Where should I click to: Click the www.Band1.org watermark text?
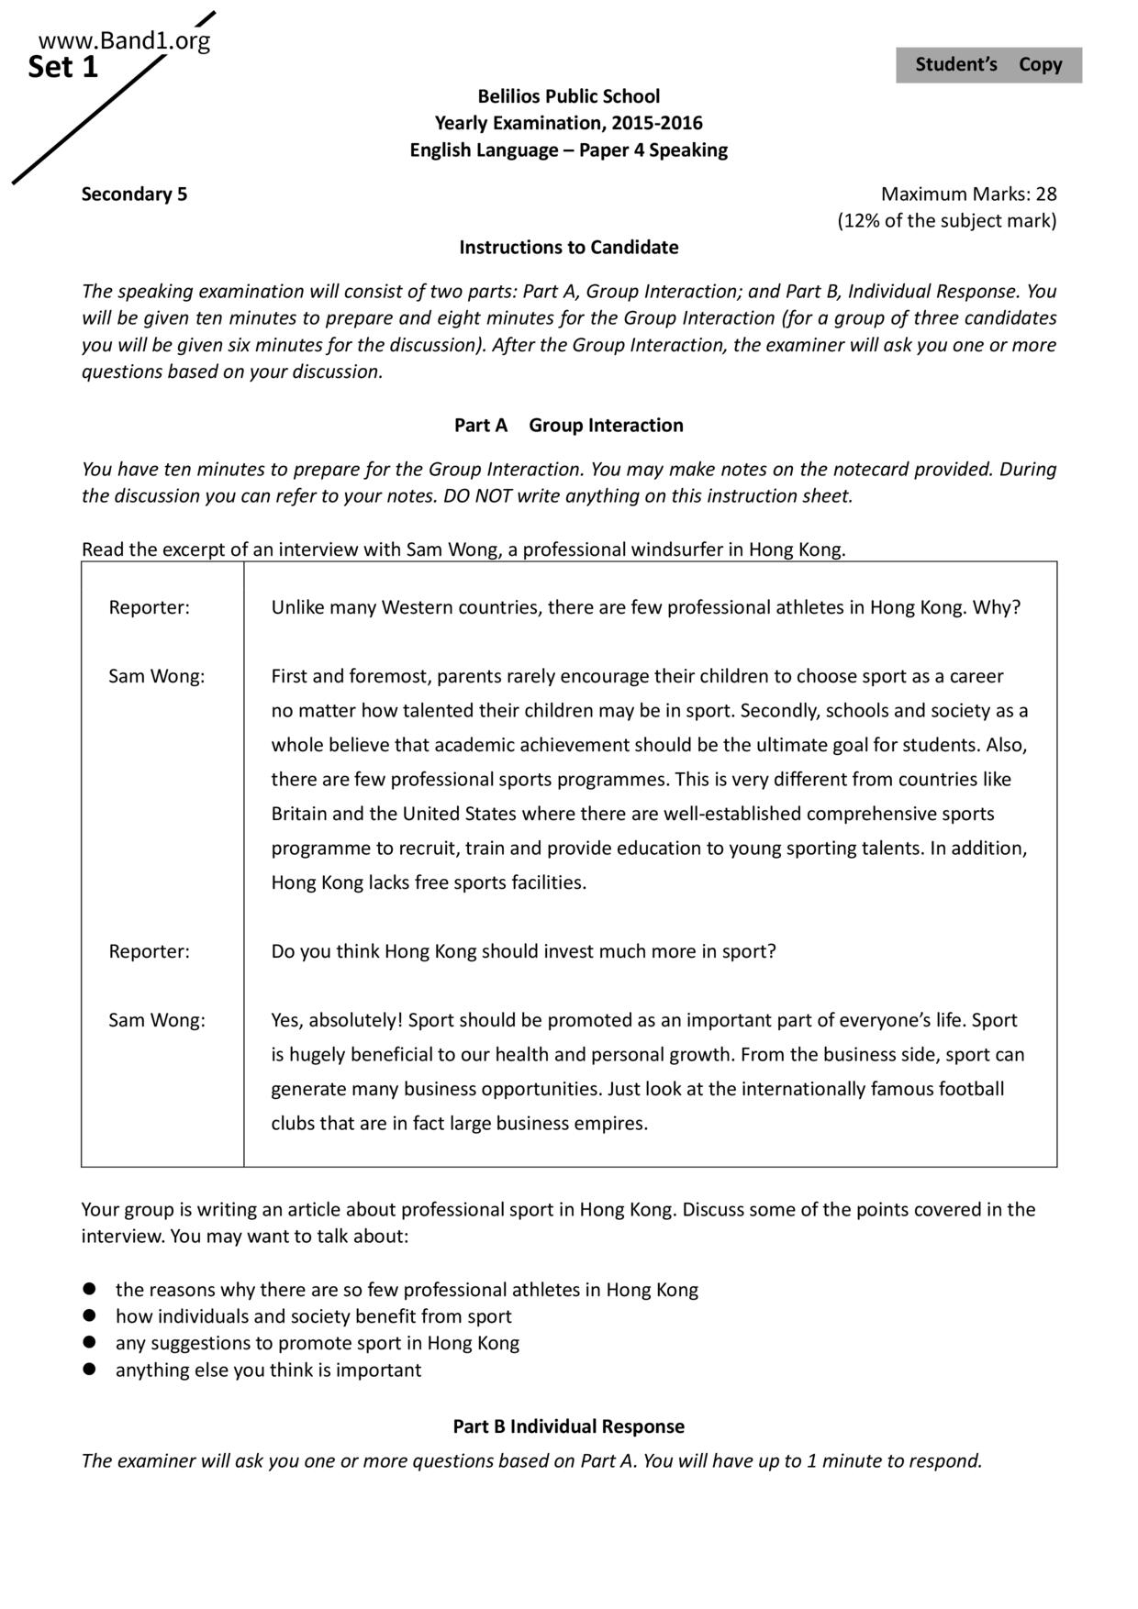pos(125,41)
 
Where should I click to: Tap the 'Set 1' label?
pos(62,68)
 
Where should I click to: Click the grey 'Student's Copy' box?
pos(988,65)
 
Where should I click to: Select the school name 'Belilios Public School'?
pos(568,96)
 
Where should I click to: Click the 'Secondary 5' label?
pos(134,194)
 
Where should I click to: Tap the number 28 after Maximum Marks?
pos(1045,194)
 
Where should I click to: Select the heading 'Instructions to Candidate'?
pos(568,247)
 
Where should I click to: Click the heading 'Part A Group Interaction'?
pos(568,425)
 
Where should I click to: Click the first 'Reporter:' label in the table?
pos(149,608)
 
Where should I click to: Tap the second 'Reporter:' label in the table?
pos(149,951)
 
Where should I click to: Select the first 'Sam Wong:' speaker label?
pos(157,677)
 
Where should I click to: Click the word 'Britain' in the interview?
pos(299,814)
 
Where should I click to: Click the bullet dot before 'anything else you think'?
pos(90,1370)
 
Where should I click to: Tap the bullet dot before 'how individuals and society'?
pos(90,1316)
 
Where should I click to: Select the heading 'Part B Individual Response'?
pos(568,1426)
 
